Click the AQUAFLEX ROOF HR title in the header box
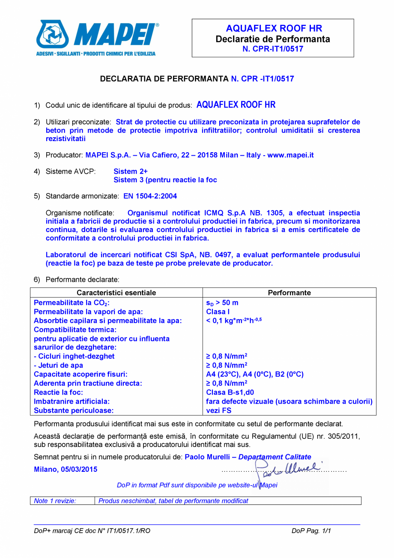(x=274, y=29)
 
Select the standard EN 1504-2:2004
(x=150, y=196)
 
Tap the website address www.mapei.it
(x=290, y=155)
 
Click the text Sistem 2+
(x=131, y=171)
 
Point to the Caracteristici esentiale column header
(x=116, y=293)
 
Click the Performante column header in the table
(x=289, y=293)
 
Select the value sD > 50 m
(x=222, y=303)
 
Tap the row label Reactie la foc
(x=58, y=392)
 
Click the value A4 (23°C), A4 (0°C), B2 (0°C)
(x=255, y=374)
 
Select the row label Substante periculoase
(x=74, y=410)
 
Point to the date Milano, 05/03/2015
(x=66, y=469)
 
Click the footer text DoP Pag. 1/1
(x=311, y=531)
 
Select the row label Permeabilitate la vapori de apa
(x=88, y=312)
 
